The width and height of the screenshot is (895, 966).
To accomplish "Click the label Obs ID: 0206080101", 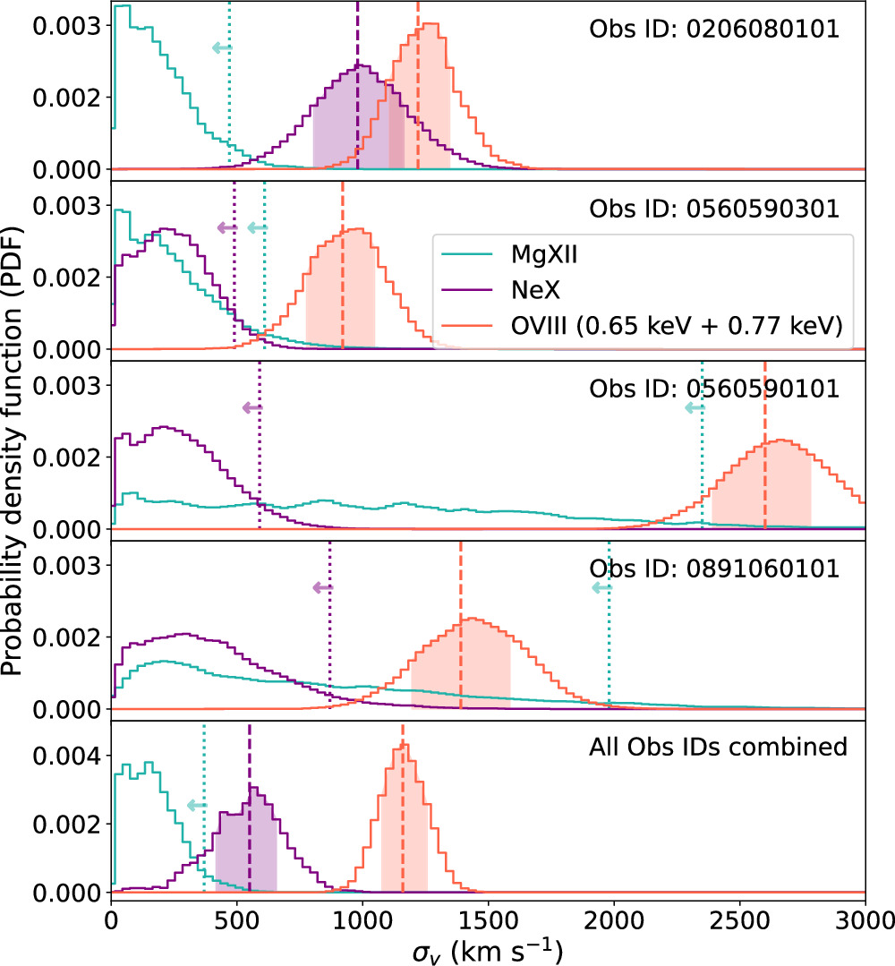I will click(x=713, y=29).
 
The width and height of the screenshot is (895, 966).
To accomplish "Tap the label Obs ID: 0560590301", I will click(x=713, y=209).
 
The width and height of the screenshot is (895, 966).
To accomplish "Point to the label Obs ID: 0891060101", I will click(x=713, y=568).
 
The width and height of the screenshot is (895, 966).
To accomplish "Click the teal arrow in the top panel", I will click(x=220, y=47).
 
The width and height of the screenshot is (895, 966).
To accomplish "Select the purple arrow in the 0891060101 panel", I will click(x=321, y=587).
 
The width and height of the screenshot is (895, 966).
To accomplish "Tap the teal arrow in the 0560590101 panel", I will click(x=694, y=407).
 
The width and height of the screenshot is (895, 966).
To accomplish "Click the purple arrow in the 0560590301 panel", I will click(x=226, y=227).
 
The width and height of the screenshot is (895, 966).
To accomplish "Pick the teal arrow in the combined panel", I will click(x=195, y=806).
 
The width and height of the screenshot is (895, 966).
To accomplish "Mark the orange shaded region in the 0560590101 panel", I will click(x=761, y=492).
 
